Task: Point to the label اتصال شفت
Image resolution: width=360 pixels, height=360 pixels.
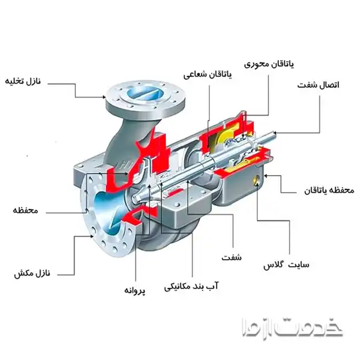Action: [318, 85]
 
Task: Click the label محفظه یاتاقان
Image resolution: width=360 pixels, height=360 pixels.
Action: [326, 190]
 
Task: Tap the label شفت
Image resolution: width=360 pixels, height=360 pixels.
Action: [231, 257]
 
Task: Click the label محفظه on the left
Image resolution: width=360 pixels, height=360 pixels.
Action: [26, 211]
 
